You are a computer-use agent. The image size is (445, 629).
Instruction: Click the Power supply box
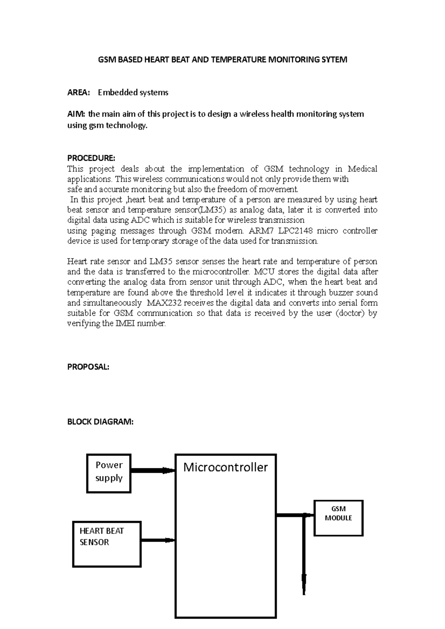pos(109,473)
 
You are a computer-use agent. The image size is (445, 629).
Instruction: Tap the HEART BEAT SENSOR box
pos(107,544)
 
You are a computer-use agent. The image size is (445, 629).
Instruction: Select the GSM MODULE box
pos(338,517)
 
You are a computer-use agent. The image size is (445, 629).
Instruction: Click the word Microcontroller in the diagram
pos(225,467)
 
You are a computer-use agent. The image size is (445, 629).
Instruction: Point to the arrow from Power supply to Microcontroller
pos(152,470)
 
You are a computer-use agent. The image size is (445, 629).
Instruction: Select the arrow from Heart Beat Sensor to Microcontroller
pos(158,540)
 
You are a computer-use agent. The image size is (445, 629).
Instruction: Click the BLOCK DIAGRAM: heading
pos(100,422)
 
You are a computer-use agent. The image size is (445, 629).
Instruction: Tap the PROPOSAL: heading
pos(88,367)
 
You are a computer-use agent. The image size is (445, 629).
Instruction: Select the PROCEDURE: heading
pos(91,158)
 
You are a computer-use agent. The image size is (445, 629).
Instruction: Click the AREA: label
pos(78,93)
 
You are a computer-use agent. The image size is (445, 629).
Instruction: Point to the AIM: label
pos(76,114)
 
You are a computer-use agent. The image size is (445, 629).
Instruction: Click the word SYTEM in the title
pos(335,60)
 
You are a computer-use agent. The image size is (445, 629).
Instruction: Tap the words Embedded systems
pos(133,93)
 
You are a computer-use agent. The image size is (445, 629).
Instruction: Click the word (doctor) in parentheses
pos(350,313)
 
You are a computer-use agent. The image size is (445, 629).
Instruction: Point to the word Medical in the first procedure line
pos(362,169)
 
